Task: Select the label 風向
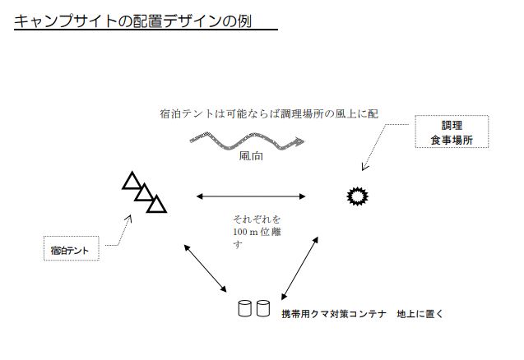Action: click(251, 155)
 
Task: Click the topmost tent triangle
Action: click(131, 181)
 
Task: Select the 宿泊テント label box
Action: click(70, 248)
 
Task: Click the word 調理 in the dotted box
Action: click(452, 126)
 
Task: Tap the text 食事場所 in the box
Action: click(452, 141)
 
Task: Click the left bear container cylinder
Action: click(244, 309)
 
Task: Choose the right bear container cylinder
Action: click(262, 309)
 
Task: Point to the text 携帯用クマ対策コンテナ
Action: click(333, 314)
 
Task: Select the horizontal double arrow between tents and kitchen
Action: click(251, 196)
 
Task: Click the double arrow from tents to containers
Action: click(206, 266)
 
